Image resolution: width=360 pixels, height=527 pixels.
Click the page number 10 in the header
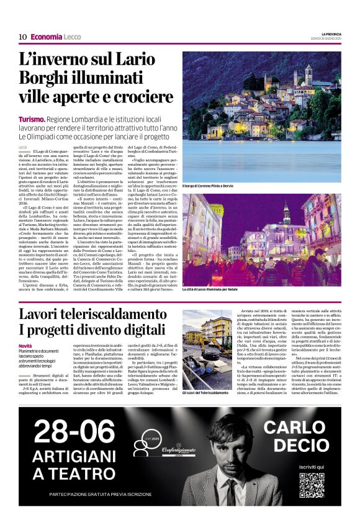point(22,37)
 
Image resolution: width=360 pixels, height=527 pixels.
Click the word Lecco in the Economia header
point(72,37)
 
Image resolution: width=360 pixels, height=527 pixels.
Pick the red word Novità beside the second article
point(25,346)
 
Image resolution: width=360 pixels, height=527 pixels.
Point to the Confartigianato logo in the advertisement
point(158,448)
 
